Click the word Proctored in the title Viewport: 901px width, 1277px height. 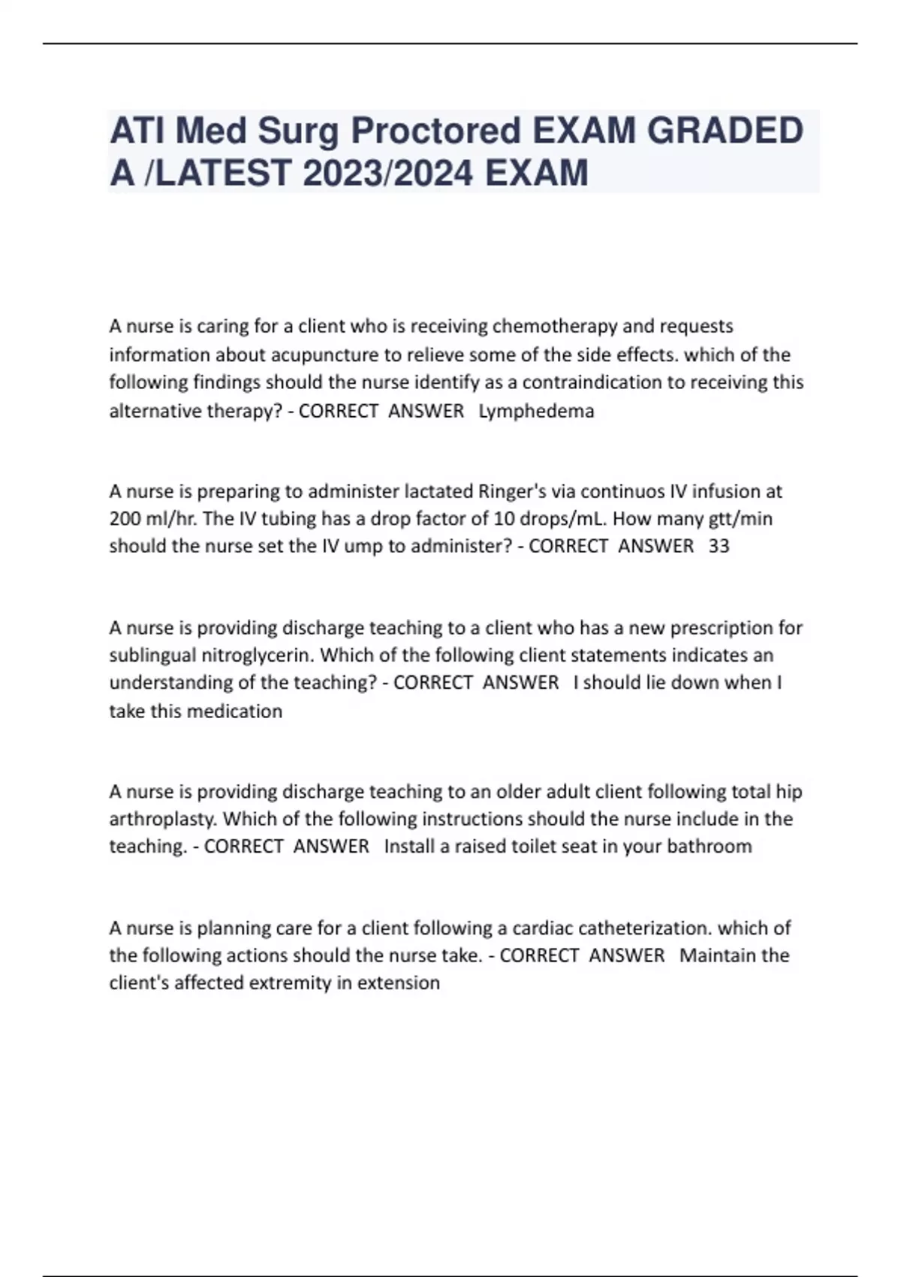coord(436,131)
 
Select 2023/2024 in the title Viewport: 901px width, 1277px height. coord(388,174)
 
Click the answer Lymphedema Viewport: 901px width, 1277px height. coord(536,411)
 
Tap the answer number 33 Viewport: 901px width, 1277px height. coord(719,546)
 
